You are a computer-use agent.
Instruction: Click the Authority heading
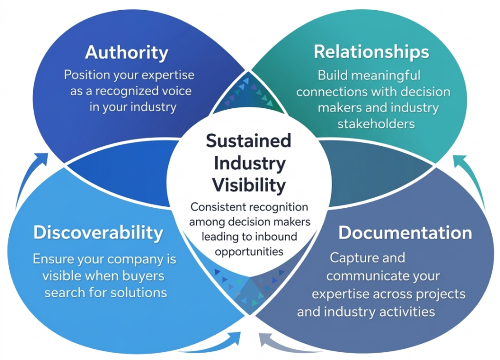(x=126, y=52)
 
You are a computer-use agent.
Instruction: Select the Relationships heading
(x=371, y=52)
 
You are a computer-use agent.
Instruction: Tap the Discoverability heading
(x=98, y=232)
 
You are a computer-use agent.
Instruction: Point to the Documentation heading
(x=405, y=233)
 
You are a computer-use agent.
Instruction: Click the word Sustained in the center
(x=248, y=140)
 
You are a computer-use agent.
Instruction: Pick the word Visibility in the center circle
(x=248, y=185)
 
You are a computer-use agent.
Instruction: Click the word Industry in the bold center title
(x=248, y=163)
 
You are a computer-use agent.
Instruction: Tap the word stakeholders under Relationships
(x=376, y=123)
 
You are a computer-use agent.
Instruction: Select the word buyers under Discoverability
(x=141, y=276)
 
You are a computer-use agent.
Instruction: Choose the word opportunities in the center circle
(x=249, y=252)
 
